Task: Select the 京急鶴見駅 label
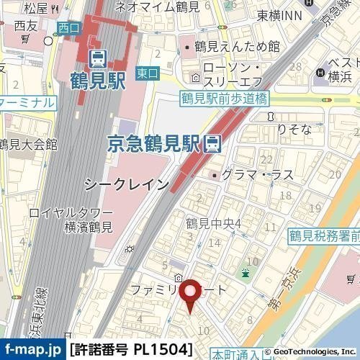[x=154, y=143]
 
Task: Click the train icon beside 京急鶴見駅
[x=212, y=143]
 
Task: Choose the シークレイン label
[x=127, y=184]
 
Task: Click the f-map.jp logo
[x=33, y=351]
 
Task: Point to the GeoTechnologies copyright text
[x=310, y=352]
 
